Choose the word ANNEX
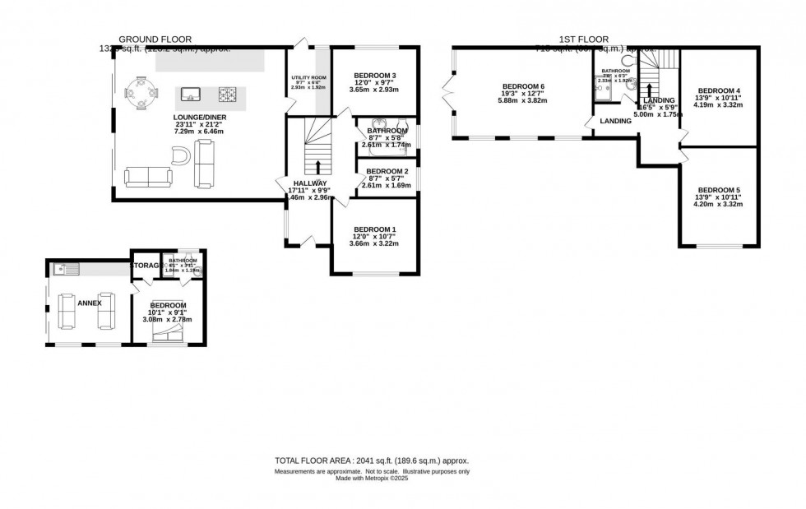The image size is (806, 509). (x=89, y=303)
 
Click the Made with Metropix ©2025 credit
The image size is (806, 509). (x=372, y=479)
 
